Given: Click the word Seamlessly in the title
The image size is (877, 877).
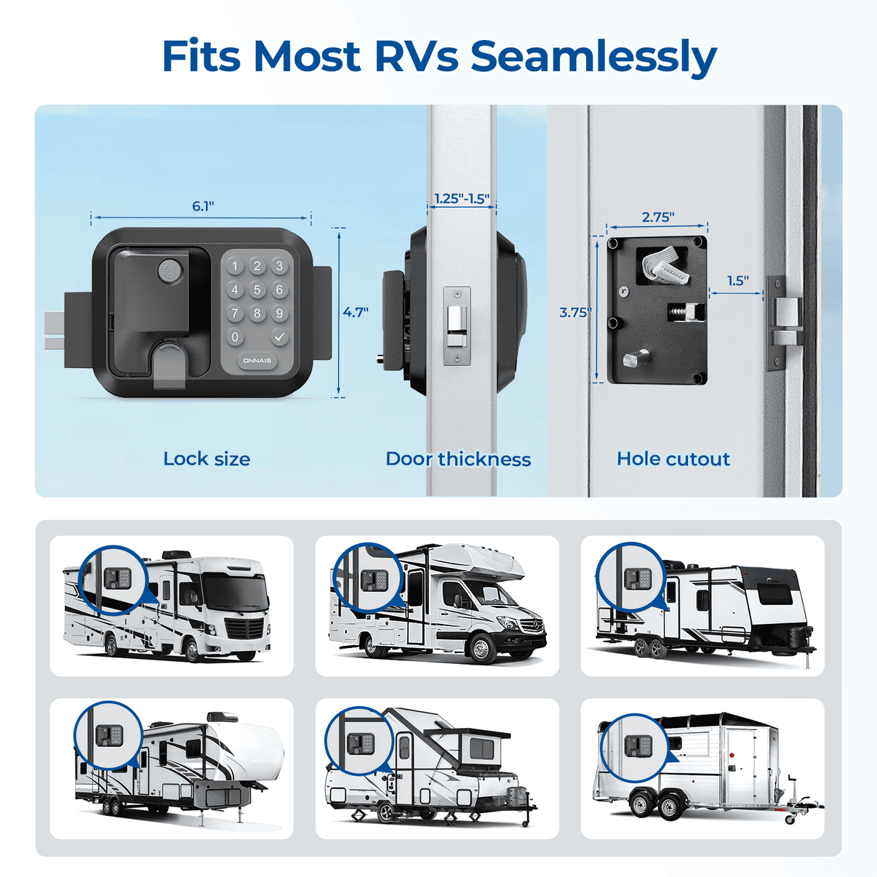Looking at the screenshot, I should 593,57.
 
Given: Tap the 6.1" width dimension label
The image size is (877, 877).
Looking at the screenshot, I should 203,206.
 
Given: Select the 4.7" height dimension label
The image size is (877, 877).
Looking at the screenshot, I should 356,312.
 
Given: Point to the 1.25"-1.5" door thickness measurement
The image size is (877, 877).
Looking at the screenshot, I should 462,199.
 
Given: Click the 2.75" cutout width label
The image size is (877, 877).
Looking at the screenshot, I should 657,217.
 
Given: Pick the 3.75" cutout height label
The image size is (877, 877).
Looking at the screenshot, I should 574,312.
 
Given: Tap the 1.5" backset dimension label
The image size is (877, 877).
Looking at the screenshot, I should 737,281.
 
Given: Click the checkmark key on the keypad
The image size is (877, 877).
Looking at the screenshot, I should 279,337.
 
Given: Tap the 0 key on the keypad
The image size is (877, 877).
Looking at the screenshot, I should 235,337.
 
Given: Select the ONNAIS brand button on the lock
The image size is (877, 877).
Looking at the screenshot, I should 257,361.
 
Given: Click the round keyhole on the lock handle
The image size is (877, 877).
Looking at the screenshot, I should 170,271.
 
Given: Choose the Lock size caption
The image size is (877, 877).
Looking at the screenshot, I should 207,459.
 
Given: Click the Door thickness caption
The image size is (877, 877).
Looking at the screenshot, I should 458,459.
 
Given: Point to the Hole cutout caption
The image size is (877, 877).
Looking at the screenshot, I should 673,459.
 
